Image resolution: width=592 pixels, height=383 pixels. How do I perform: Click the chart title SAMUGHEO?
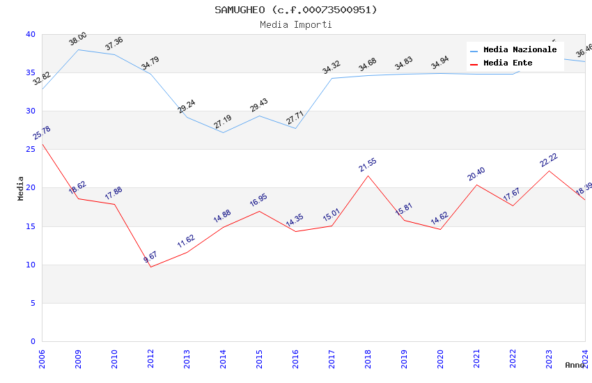coord(295,10)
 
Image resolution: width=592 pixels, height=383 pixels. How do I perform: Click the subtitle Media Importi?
coord(295,24)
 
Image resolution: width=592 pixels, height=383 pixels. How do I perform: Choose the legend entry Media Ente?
coord(508,63)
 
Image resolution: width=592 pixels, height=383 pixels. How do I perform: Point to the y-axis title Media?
coord(21,188)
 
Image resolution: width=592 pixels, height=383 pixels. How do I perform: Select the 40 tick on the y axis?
coord(30,34)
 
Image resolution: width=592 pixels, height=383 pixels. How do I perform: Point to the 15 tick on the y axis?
coord(30,226)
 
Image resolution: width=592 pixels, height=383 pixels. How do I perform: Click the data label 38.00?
coord(78,39)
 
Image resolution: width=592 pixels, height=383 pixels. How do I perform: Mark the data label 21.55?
coord(368,165)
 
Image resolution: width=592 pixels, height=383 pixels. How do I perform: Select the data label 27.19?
coord(223,123)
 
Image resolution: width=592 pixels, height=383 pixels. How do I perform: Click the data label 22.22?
coord(549,161)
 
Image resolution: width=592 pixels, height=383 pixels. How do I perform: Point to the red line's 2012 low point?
coord(150,267)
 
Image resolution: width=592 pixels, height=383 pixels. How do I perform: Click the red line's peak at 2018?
coord(368,175)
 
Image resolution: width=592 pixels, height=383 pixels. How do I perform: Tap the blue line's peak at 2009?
coord(78,49)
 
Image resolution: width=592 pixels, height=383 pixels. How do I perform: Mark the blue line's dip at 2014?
coord(223,132)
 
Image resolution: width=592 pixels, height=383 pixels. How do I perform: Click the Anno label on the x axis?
coord(575,365)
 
